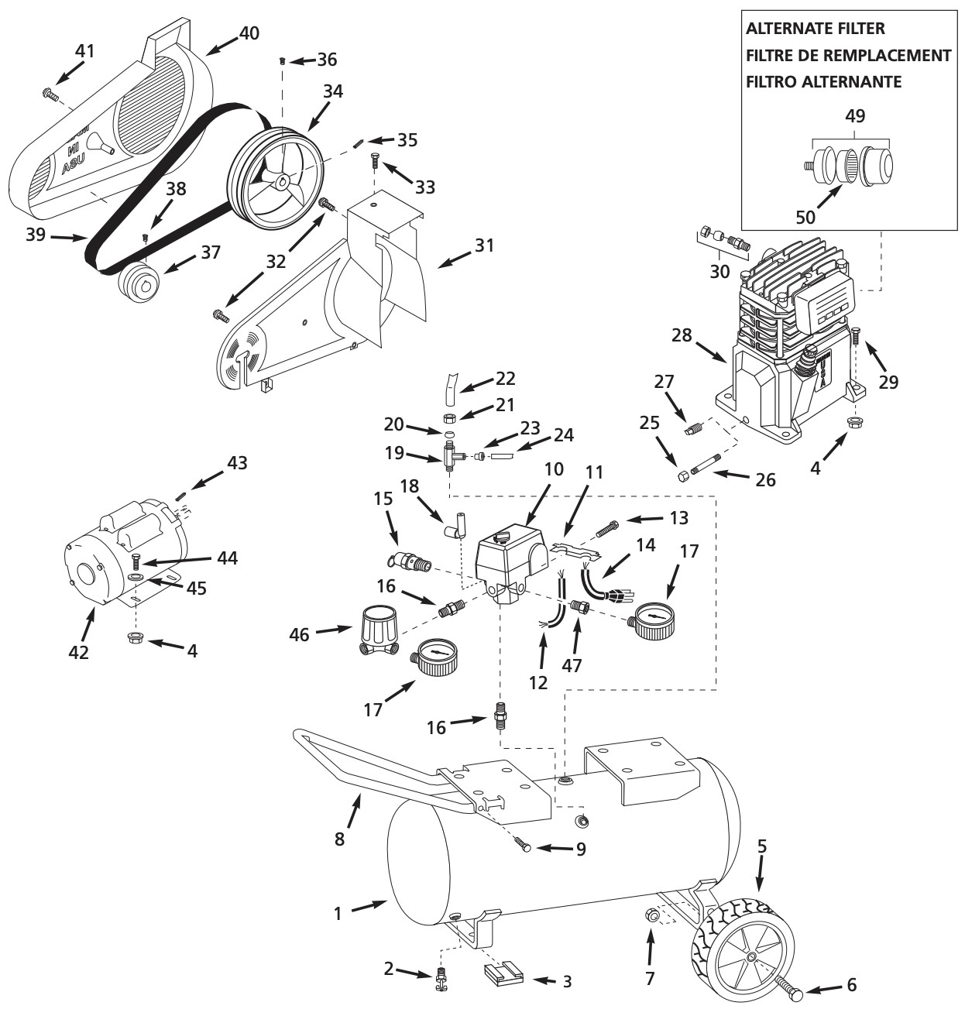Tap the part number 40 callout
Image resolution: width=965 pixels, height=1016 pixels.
(249, 33)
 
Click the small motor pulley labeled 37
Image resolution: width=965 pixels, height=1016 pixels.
(139, 278)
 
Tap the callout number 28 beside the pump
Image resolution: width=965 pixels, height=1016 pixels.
(682, 335)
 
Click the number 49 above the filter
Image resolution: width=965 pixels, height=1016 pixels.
(856, 115)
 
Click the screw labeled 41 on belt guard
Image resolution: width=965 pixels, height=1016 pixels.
(50, 94)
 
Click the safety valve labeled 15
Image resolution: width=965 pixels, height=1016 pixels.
(411, 561)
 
